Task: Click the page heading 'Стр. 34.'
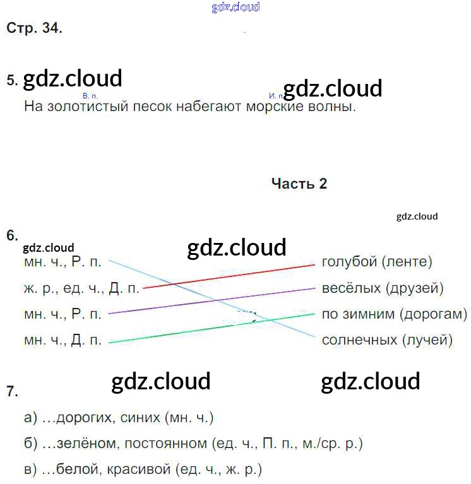tap(34, 28)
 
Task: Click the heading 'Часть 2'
tap(299, 184)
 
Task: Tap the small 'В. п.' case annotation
tap(90, 96)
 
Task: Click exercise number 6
tap(11, 235)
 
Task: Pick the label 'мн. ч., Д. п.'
tap(63, 340)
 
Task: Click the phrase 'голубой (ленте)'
tap(377, 261)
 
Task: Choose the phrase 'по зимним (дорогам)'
tap(394, 314)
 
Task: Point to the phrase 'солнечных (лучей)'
tap(387, 340)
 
